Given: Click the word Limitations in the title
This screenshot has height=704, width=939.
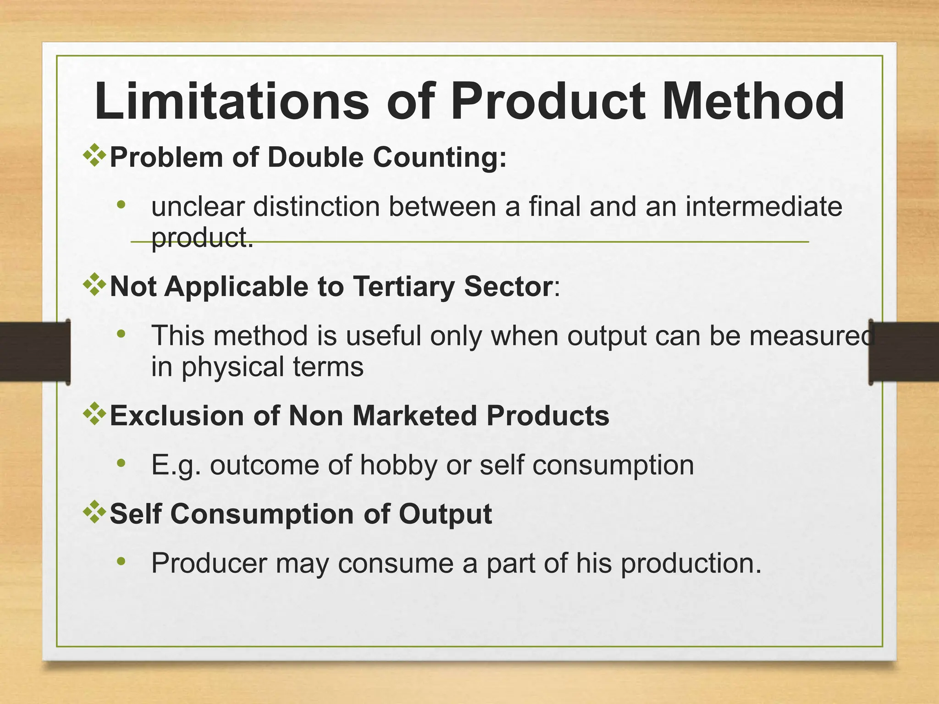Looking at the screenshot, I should pyautogui.click(x=232, y=101).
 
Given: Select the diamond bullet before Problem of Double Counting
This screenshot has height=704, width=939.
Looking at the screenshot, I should pyautogui.click(x=94, y=155).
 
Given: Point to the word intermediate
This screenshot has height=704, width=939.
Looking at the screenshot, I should pyautogui.click(x=763, y=207).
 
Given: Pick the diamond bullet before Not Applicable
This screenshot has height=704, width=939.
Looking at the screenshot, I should pyautogui.click(x=94, y=285).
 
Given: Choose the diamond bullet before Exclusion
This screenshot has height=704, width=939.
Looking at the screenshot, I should pyautogui.click(x=94, y=414).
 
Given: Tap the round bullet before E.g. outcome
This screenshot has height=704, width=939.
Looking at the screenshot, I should pyautogui.click(x=121, y=463).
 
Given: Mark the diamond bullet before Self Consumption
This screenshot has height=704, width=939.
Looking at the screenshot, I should pyautogui.click(x=94, y=512).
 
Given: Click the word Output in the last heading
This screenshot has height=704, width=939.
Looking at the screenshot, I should pyautogui.click(x=445, y=514).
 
